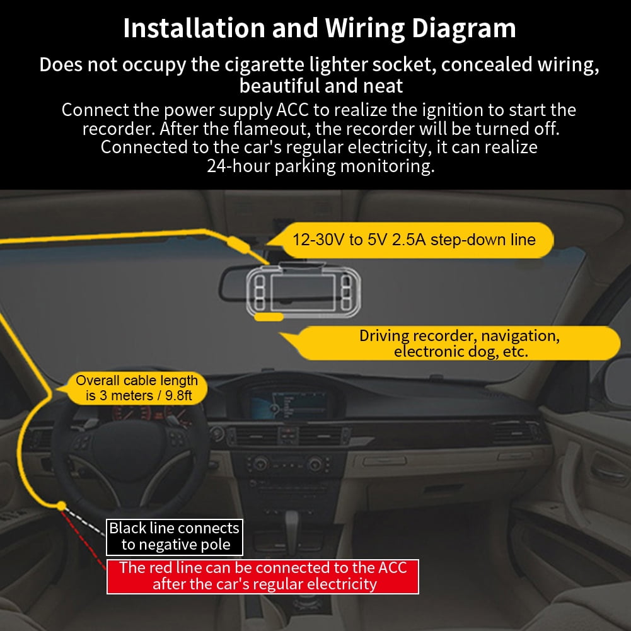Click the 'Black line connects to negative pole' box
pyautogui.click(x=175, y=536)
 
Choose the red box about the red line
pyautogui.click(x=263, y=576)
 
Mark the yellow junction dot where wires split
pyautogui.click(x=61, y=505)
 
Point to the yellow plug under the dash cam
pyautogui.click(x=269, y=318)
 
